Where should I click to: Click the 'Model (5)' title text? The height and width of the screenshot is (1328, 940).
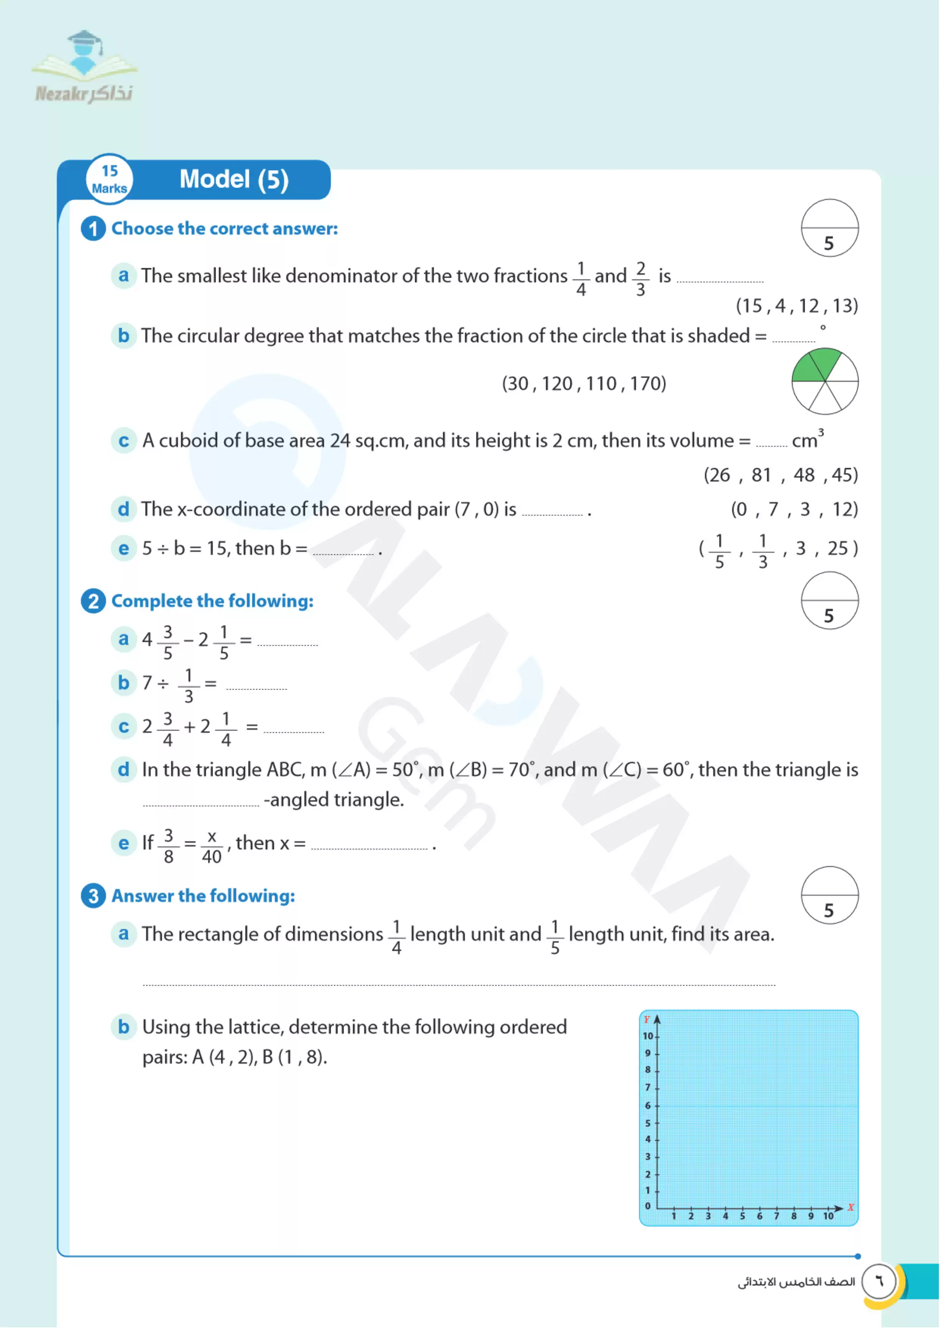tap(234, 179)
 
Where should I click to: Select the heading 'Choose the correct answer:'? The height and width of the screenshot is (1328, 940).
tap(224, 229)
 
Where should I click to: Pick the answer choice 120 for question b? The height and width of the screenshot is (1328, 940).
tap(557, 383)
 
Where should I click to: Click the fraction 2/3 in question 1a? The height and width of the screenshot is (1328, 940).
tap(640, 278)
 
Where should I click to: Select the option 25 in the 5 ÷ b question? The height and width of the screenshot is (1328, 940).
tap(837, 549)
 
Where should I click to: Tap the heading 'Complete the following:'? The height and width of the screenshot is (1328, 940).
tap(212, 601)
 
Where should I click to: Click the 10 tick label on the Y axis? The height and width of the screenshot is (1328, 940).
tap(648, 1036)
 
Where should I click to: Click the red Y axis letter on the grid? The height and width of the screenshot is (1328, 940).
tap(647, 1019)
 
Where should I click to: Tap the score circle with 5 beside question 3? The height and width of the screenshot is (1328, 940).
tap(829, 895)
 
